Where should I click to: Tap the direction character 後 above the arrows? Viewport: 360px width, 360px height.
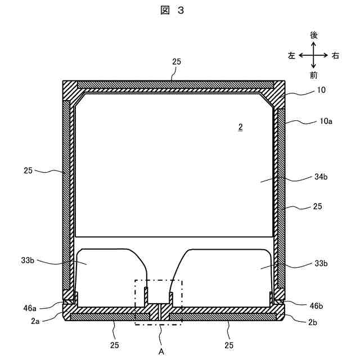[x=314, y=35]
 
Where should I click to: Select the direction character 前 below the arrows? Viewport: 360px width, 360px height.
[x=314, y=74]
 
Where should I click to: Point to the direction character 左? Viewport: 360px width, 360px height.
[x=291, y=55]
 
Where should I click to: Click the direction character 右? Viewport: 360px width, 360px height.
[x=336, y=55]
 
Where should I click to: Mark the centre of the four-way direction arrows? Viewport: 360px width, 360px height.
[x=314, y=55]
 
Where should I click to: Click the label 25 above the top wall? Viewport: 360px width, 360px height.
[x=177, y=69]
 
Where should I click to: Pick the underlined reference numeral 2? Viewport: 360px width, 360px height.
[x=240, y=128]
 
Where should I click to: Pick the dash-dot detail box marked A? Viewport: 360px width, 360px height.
[x=159, y=301]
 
